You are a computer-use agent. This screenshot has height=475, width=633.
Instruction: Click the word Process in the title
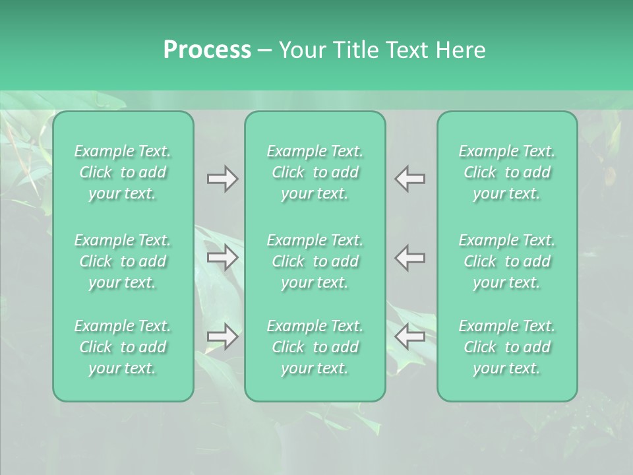click(207, 50)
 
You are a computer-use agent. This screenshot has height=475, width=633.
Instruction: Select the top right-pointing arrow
click(222, 179)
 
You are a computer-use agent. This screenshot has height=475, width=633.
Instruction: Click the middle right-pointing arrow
click(222, 257)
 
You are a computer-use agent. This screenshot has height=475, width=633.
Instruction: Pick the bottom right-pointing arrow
click(222, 336)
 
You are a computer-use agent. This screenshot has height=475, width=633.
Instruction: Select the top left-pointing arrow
click(410, 179)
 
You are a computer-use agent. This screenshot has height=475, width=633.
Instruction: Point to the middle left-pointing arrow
click(410, 257)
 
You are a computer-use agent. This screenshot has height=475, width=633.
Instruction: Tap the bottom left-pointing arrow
click(410, 336)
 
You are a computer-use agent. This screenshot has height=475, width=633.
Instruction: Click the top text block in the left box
click(123, 172)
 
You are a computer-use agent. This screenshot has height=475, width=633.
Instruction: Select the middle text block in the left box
click(123, 261)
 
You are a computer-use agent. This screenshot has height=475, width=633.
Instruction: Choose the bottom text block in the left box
click(123, 347)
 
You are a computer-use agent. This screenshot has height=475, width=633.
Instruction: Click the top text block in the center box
click(315, 172)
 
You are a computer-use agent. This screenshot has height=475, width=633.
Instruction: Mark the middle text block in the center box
click(315, 261)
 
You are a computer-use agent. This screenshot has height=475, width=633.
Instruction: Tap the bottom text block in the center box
click(315, 347)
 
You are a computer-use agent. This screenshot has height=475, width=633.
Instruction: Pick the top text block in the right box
click(507, 172)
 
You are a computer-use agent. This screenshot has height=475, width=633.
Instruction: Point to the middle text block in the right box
click(507, 261)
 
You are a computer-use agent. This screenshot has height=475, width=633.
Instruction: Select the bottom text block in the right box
click(507, 347)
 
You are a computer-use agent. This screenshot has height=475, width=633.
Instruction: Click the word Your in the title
click(301, 50)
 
